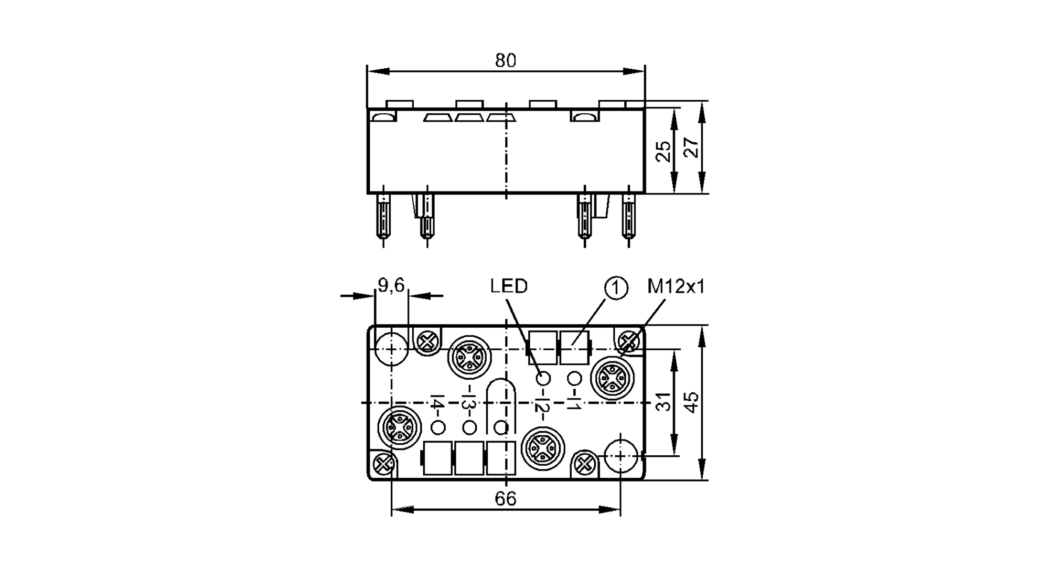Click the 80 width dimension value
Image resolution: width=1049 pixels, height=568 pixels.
point(506,61)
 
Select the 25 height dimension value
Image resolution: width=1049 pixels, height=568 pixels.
point(664,151)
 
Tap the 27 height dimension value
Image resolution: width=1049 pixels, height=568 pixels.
point(692,148)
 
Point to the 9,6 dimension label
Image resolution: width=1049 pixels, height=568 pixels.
point(391,285)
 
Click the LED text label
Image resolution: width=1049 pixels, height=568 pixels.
point(509,286)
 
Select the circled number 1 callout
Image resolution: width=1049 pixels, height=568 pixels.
point(616,288)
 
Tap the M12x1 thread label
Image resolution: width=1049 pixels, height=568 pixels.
point(676,286)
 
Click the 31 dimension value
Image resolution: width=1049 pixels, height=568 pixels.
point(664,402)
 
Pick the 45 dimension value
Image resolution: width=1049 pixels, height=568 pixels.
point(692,402)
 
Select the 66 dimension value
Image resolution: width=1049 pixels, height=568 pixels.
point(506,499)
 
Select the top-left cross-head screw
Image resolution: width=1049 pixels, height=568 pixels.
point(427,342)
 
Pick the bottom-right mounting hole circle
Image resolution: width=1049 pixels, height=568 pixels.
point(620,456)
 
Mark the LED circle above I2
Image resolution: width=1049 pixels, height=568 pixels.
point(543,378)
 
